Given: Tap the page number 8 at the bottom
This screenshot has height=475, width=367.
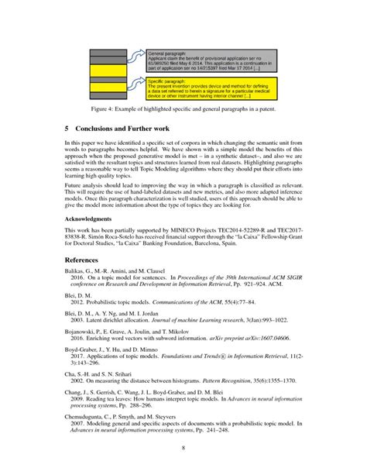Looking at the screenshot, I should tap(183, 449).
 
